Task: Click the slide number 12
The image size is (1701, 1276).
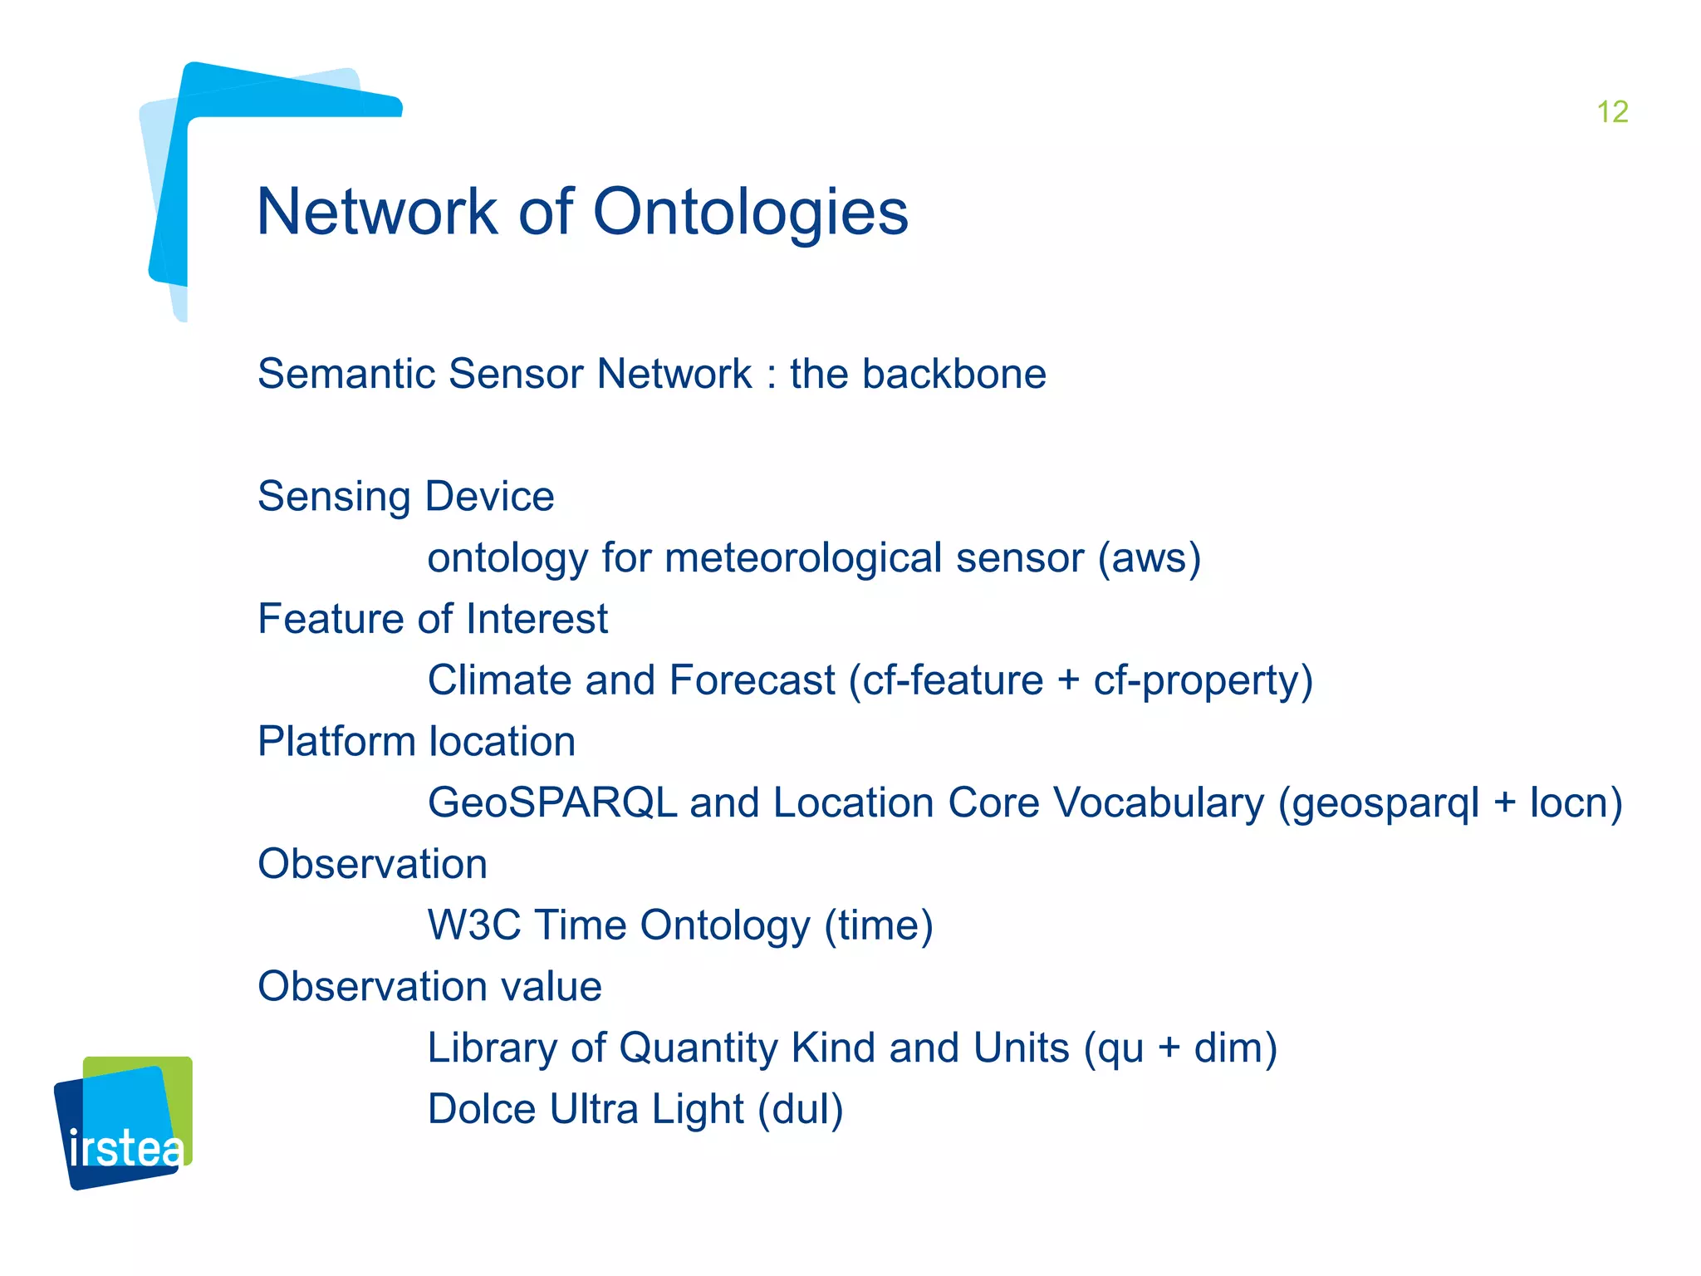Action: click(1612, 112)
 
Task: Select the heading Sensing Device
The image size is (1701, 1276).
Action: click(405, 497)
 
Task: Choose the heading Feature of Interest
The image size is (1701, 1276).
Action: click(432, 619)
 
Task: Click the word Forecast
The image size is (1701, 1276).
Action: click(752, 680)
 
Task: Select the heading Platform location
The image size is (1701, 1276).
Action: click(416, 741)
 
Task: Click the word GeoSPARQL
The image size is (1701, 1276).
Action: click(552, 803)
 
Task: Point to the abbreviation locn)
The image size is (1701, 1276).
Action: click(1576, 803)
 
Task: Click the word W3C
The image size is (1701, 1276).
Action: click(473, 925)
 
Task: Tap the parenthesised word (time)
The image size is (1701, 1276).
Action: click(879, 925)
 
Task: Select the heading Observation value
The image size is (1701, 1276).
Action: click(429, 987)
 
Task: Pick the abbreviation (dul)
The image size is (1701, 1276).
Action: click(800, 1110)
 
